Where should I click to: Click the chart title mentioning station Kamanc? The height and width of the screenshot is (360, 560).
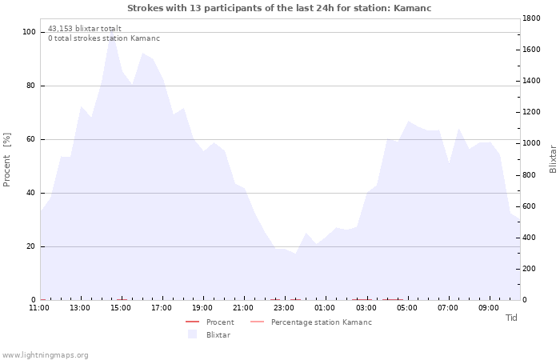pos(279,8)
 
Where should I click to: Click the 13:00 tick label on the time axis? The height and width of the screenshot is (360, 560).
pos(80,308)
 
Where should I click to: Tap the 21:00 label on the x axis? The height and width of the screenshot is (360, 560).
pos(243,308)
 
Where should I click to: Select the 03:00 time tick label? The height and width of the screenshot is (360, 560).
pos(366,308)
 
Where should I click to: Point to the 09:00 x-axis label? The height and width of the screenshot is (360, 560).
pos(489,308)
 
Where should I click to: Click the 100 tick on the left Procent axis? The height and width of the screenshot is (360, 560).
pos(29,32)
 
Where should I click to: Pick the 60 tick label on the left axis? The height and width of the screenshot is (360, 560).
pos(30,139)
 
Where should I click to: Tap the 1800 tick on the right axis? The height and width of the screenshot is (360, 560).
pos(531,18)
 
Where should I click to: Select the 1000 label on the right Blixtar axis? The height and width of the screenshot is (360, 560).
pos(531,143)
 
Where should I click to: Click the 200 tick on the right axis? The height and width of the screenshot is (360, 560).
pos(529,269)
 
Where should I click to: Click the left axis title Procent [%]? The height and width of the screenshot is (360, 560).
pos(6,160)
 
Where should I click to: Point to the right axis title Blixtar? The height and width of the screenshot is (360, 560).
pos(553,159)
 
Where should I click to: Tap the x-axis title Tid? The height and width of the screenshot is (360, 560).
pos(511,318)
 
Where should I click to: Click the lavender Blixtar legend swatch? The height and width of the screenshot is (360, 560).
pos(193,334)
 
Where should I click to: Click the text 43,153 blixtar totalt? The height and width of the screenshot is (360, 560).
pos(85,29)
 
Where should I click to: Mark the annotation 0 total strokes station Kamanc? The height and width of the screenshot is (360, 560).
pos(104,38)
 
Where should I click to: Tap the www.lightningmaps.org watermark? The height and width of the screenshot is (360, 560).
pos(45,355)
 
